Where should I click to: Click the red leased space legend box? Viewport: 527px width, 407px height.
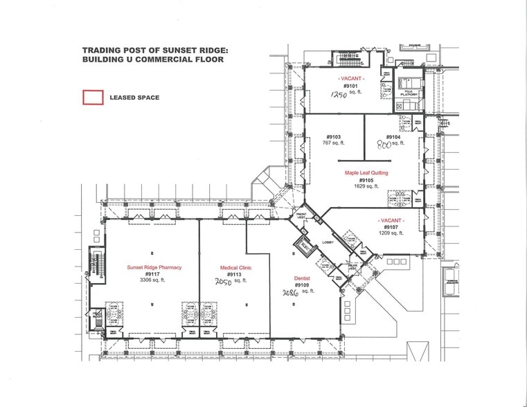coord(93,98)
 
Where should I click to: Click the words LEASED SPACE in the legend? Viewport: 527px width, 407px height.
coord(134,98)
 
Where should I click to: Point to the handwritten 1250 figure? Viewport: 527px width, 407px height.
coord(338,96)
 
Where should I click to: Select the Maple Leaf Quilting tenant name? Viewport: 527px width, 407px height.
coord(366,172)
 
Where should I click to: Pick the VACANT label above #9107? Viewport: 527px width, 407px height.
coord(390,219)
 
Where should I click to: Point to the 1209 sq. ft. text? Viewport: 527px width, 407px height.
coord(391,233)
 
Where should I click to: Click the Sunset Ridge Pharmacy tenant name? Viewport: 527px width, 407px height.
coord(154,267)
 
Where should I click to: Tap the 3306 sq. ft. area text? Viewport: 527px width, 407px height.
coord(154,280)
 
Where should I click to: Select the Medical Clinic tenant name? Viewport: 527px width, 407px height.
coord(235,267)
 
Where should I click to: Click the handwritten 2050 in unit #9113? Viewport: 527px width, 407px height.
coord(222,282)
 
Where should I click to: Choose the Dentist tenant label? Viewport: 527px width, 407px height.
coord(301,278)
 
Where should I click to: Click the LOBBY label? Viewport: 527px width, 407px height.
coord(328,242)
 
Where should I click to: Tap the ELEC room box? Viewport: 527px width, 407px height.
coord(303,244)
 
